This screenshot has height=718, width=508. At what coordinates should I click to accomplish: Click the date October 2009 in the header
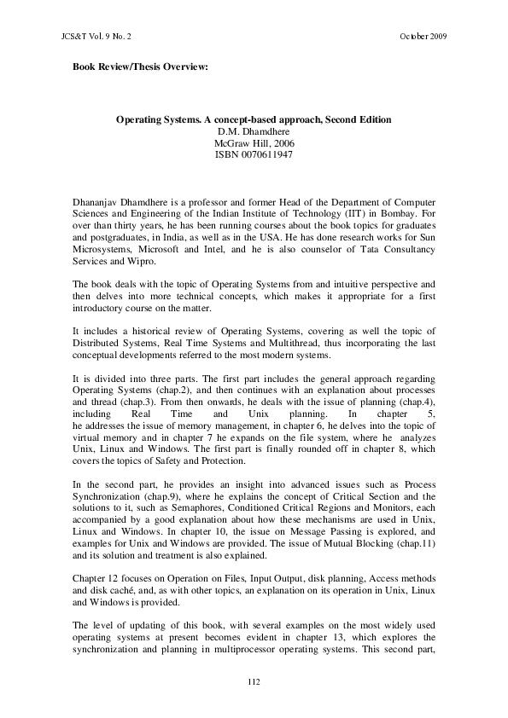[x=423, y=38]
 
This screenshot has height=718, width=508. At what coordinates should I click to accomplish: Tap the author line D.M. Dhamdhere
[x=254, y=131]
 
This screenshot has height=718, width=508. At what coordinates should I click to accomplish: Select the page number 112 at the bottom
[x=254, y=681]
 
